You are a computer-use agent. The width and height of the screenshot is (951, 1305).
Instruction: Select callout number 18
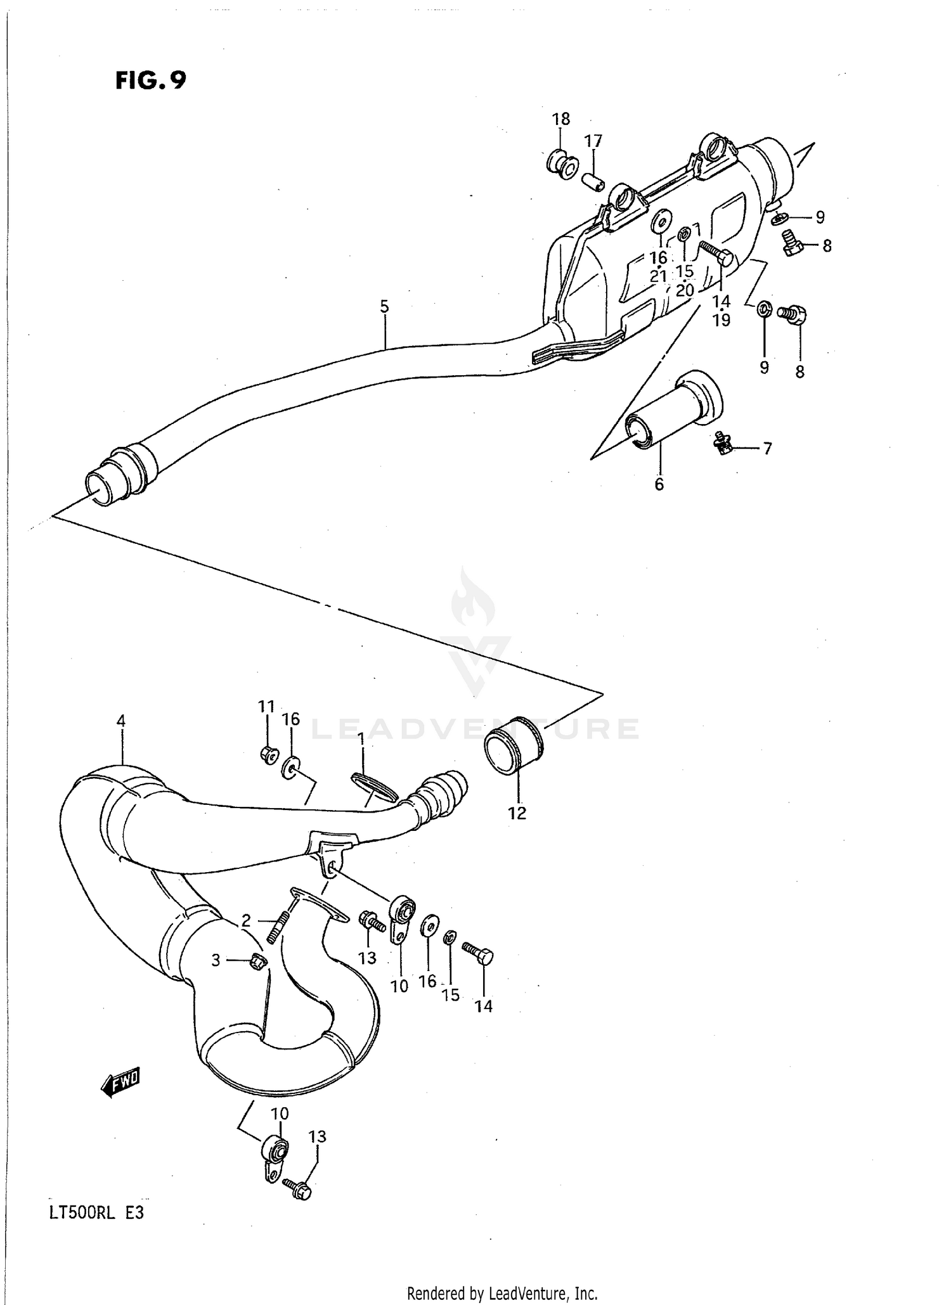point(560,119)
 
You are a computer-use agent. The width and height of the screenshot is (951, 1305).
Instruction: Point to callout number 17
point(593,141)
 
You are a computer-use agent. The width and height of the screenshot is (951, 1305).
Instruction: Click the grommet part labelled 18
point(562,164)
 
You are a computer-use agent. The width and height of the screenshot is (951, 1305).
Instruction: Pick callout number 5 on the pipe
point(384,307)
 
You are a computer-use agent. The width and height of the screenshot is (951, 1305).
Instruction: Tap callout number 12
point(517,813)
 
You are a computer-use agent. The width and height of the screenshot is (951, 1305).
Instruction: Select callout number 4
point(120,721)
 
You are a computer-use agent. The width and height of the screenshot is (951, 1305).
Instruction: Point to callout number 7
point(767,449)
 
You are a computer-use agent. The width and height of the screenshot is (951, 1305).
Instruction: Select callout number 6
point(659,484)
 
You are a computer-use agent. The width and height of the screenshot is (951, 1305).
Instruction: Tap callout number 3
point(216,960)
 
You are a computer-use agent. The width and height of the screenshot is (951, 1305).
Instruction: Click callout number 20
point(685,290)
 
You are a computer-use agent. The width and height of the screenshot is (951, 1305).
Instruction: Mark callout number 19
point(721,320)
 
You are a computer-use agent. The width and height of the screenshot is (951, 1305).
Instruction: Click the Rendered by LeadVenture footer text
point(502,1293)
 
